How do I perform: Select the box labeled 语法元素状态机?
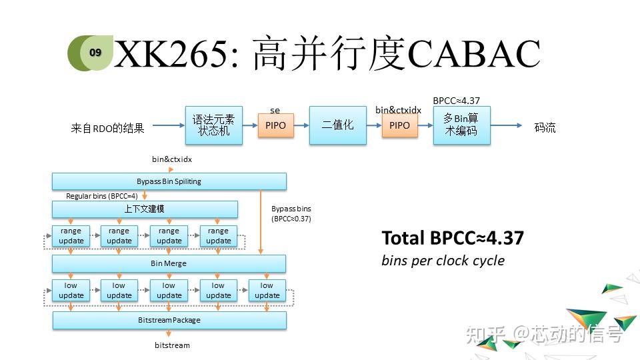(x=213, y=125)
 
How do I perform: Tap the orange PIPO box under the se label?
(x=275, y=125)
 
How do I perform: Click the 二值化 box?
(x=337, y=125)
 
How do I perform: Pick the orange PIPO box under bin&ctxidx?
(x=399, y=125)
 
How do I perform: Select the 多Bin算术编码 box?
(x=461, y=125)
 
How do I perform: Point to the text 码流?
(x=545, y=127)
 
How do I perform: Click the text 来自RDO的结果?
(x=107, y=128)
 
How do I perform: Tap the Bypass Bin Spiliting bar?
(x=169, y=181)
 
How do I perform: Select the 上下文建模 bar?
(x=145, y=209)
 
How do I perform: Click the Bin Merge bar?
(x=169, y=263)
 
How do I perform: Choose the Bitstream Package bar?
(x=169, y=320)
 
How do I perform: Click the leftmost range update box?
(x=71, y=236)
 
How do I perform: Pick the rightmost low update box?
(x=267, y=291)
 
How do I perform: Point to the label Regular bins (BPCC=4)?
(x=102, y=197)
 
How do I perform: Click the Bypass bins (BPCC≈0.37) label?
(x=291, y=213)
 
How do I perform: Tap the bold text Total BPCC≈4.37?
(x=453, y=238)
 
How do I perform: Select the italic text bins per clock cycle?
(x=443, y=260)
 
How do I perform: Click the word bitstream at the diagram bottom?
(x=172, y=345)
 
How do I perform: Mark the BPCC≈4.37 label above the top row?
(x=456, y=101)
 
